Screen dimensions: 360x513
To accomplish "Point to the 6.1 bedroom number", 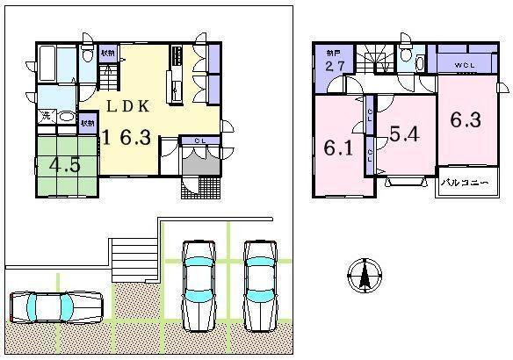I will pyautogui.click(x=339, y=148).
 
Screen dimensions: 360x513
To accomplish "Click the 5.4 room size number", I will pyautogui.click(x=405, y=135).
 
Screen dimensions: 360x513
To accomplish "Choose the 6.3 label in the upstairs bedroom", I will pyautogui.click(x=466, y=120).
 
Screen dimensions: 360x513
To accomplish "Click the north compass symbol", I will pyautogui.click(x=363, y=277).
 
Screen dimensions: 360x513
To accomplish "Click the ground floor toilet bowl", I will pyautogui.click(x=88, y=55).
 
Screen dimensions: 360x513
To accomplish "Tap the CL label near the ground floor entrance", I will pyautogui.click(x=199, y=140).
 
